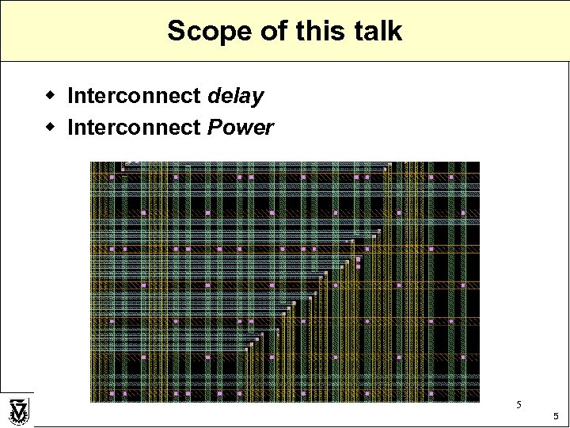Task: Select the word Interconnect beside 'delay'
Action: tap(134, 97)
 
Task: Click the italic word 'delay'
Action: tap(235, 97)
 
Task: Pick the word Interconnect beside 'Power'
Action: tap(134, 127)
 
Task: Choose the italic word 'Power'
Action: tap(241, 127)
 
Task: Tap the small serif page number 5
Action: tap(519, 405)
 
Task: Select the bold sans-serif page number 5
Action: tap(556, 416)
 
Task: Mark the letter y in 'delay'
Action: tap(258, 99)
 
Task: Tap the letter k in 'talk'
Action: tap(395, 32)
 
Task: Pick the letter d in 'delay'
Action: tap(214, 97)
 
